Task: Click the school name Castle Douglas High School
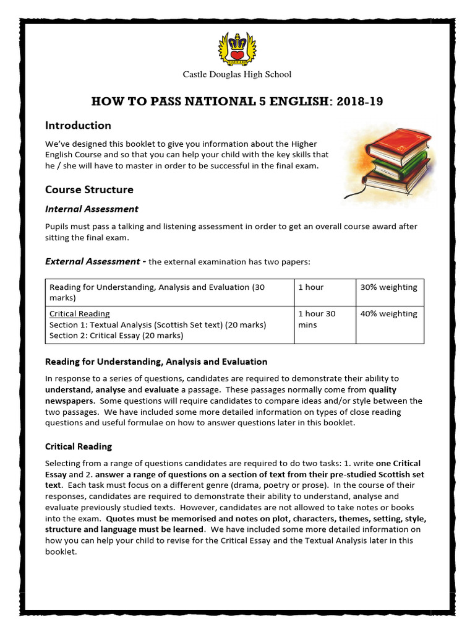pos(237,75)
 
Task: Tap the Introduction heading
pos(78,126)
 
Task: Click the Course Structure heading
pos(89,189)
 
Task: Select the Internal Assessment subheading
pos(92,209)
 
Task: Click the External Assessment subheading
pos(93,262)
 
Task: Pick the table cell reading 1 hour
pos(310,287)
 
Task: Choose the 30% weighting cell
pos(389,287)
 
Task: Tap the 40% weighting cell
pos(389,314)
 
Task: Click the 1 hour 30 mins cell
pos(317,319)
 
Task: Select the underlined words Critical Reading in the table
pos(80,314)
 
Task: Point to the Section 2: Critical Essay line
pos(116,336)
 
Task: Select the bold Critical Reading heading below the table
pos(79,446)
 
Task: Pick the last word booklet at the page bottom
pos(61,552)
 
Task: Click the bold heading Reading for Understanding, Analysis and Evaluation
pos(156,362)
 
